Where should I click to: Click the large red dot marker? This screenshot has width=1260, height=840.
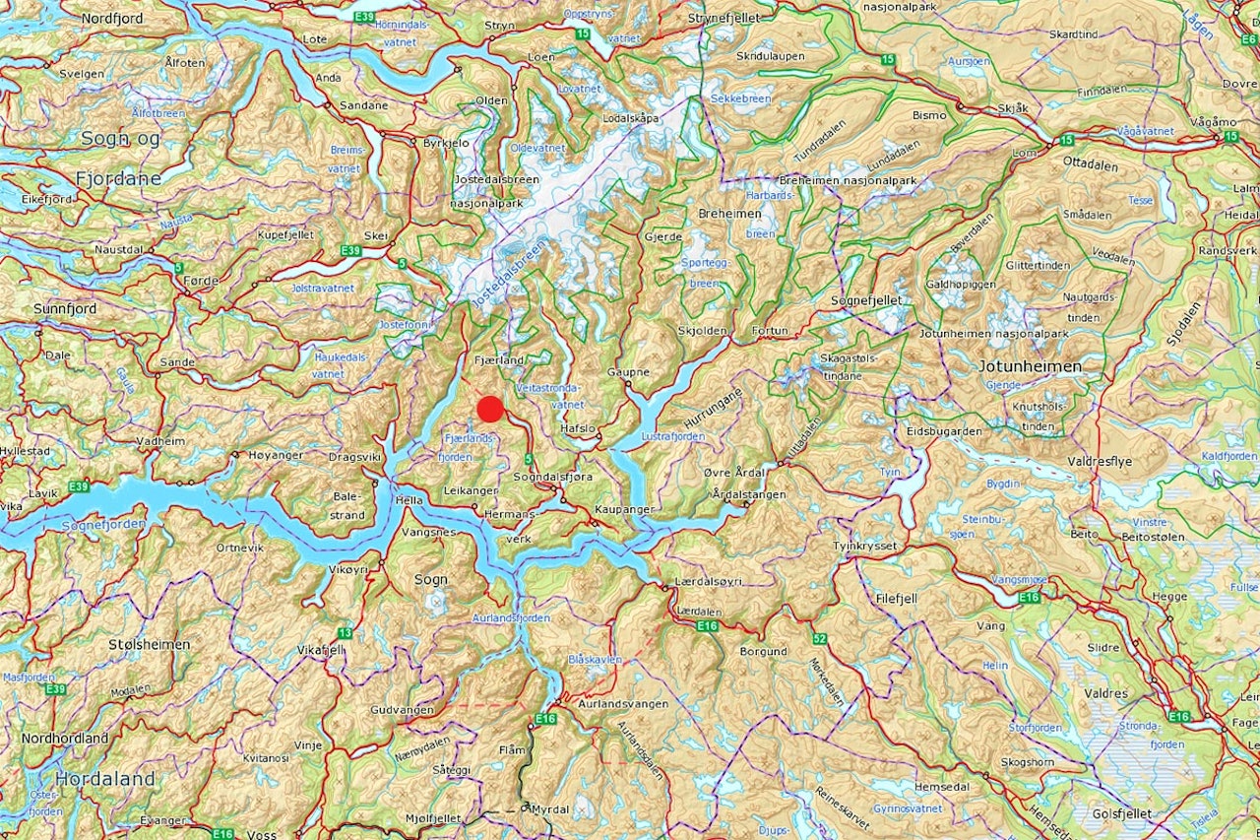(490, 409)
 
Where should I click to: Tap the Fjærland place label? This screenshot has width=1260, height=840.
(499, 360)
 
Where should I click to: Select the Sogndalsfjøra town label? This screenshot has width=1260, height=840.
(553, 477)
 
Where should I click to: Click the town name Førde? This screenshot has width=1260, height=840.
(201, 280)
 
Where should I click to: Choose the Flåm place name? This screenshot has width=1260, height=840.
(512, 749)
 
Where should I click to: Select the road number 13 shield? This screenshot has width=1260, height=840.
(345, 633)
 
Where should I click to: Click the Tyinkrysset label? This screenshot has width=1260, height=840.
(864, 546)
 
